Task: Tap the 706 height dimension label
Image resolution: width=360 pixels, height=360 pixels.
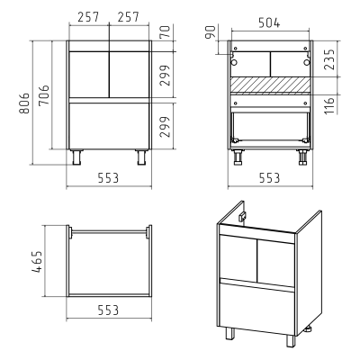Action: click(x=44, y=95)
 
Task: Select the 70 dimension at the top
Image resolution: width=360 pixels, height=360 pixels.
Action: click(x=165, y=31)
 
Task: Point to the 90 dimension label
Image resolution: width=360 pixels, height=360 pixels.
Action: click(x=211, y=32)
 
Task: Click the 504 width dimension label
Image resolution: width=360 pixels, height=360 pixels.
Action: click(x=269, y=22)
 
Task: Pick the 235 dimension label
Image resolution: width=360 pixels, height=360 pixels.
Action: click(x=329, y=59)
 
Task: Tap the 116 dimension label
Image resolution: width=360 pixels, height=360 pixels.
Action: click(x=329, y=105)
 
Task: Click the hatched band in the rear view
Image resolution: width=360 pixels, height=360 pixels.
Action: click(x=270, y=85)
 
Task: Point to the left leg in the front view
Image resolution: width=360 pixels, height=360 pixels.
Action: click(x=77, y=157)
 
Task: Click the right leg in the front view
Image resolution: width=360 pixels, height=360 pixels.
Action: click(x=141, y=157)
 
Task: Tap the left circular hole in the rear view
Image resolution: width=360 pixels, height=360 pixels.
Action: click(x=234, y=62)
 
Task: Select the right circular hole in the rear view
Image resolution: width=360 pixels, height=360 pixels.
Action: click(x=306, y=62)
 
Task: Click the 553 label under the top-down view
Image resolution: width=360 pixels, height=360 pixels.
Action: click(x=108, y=310)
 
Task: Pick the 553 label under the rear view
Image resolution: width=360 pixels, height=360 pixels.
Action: click(x=269, y=178)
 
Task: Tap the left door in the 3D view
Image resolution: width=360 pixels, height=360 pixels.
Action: click(x=238, y=257)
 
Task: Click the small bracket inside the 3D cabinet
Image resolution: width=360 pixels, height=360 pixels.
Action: click(x=242, y=217)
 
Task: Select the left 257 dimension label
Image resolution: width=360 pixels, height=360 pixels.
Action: click(x=88, y=17)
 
